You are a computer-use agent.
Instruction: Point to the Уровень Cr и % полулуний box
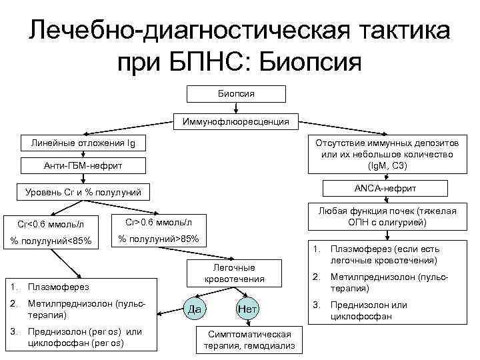point(83,193)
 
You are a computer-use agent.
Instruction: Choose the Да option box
point(193,309)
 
